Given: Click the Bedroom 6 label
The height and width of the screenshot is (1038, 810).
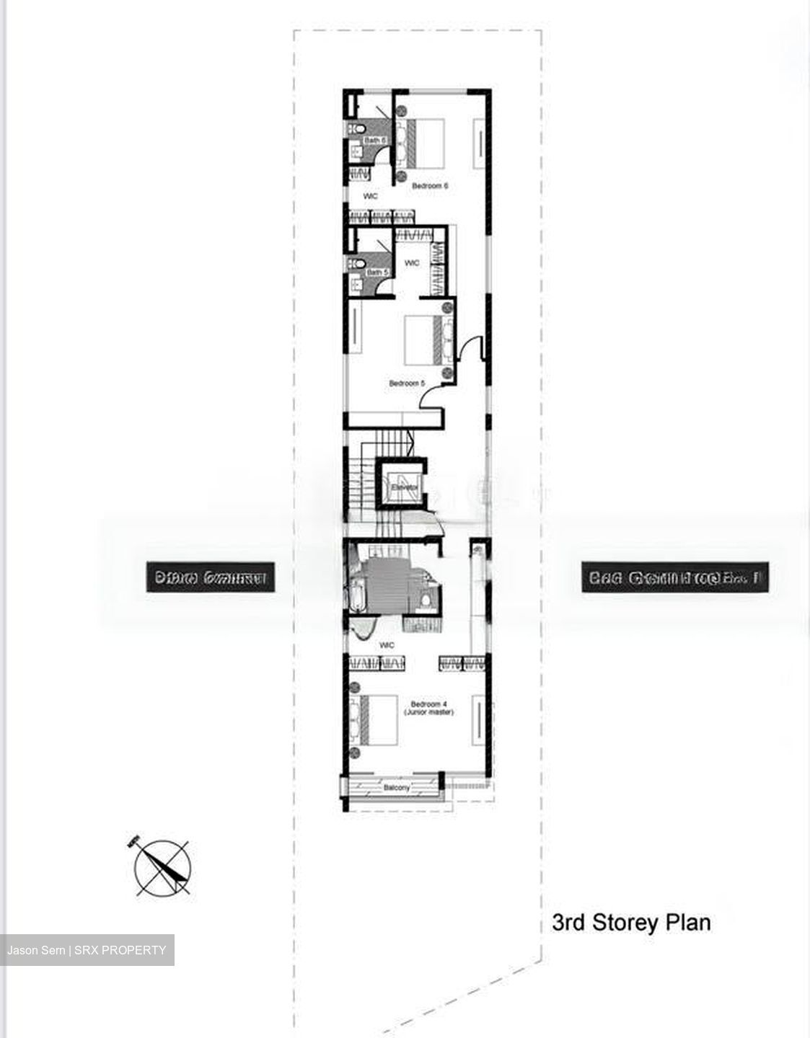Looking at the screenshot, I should (x=430, y=186).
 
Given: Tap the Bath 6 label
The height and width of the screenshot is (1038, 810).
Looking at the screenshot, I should (x=375, y=140).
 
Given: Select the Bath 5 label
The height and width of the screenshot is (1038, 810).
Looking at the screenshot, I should (x=377, y=272).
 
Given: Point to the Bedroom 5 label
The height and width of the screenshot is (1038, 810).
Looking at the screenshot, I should (x=407, y=383).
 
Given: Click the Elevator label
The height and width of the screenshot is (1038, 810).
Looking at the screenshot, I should (x=404, y=488).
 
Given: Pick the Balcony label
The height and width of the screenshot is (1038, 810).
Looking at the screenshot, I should (x=396, y=788).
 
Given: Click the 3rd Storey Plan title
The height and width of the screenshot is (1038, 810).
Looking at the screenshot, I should (x=631, y=923).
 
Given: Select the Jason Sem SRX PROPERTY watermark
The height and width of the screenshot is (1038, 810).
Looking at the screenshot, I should (x=87, y=950).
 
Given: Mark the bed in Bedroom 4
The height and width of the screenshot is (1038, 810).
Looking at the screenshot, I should (x=379, y=720).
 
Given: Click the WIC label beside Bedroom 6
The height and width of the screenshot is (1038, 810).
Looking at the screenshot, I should (x=371, y=196).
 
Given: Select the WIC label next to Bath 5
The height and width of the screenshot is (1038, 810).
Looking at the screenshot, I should (x=412, y=263).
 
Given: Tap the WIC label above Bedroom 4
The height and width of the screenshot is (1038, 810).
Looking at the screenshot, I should (x=387, y=645).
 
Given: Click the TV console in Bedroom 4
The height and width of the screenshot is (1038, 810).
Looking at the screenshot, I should (x=477, y=720).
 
